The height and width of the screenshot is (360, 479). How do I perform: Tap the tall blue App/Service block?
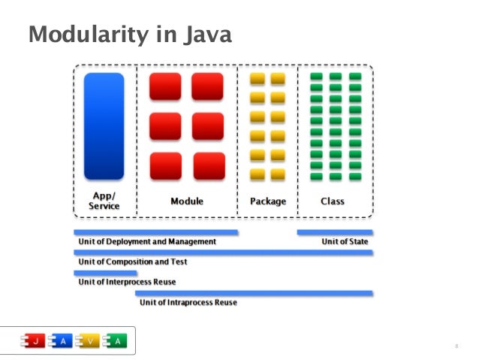tap(104, 126)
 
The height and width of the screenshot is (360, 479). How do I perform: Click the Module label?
tap(186, 201)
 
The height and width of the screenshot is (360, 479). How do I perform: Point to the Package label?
tap(267, 201)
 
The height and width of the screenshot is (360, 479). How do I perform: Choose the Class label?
tap(333, 201)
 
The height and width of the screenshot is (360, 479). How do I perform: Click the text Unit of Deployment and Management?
tap(147, 242)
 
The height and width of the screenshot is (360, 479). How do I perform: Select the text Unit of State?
tap(345, 242)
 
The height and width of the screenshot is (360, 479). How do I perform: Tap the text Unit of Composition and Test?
tap(133, 262)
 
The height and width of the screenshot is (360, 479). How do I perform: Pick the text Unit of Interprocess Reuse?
tap(128, 283)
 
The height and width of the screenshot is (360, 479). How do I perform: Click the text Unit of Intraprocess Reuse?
tap(188, 302)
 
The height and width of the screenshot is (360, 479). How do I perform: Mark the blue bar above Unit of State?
tap(335, 232)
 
